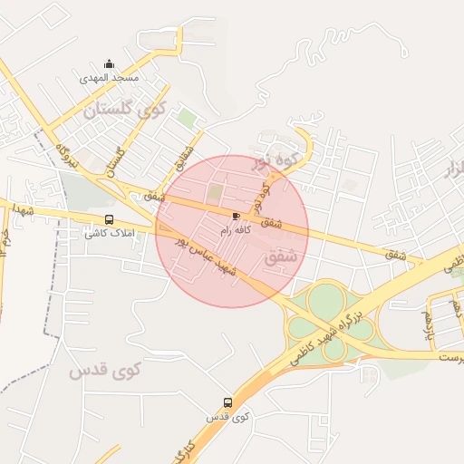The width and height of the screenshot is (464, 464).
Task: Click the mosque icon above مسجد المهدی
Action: click(x=110, y=63)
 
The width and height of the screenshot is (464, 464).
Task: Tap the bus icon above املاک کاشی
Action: click(x=110, y=219)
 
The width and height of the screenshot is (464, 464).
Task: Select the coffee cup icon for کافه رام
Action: click(x=237, y=216)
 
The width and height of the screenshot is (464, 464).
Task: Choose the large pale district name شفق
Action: click(x=282, y=257)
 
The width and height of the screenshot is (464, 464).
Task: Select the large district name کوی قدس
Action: click(x=106, y=370)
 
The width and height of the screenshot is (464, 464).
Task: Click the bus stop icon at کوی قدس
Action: click(x=227, y=402)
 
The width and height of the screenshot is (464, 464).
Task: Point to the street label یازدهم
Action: click(x=426, y=324)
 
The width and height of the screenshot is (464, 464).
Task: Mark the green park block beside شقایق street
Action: click(x=186, y=118)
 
